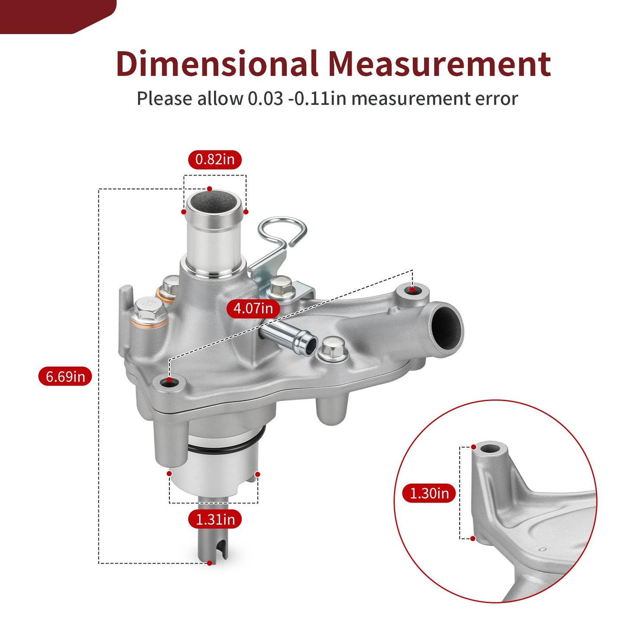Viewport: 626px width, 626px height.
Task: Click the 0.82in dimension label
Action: click(215, 159)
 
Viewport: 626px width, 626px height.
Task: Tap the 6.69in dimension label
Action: click(65, 376)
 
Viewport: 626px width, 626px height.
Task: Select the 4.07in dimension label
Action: click(253, 308)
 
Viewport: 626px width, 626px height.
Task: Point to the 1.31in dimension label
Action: click(215, 519)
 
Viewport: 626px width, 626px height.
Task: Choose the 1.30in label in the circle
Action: click(429, 493)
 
